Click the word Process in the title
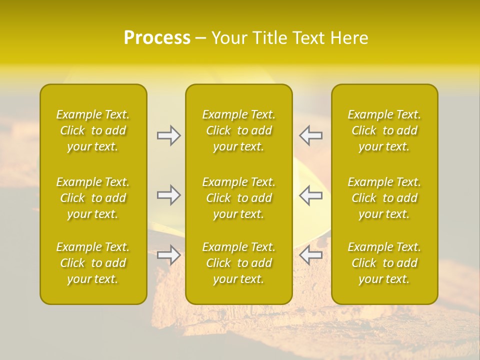pos(157,38)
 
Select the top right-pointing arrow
pos(168,135)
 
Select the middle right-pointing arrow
pos(168,195)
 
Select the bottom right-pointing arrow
pos(168,255)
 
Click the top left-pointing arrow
pos(311,135)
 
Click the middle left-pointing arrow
pos(311,195)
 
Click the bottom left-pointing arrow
pos(311,255)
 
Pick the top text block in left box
pos(93,130)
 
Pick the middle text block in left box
pos(93,198)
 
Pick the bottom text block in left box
pos(93,263)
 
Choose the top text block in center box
pos(238,130)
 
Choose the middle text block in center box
pos(238,198)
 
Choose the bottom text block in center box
pos(238,263)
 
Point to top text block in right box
pos(384,130)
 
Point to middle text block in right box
pos(384,198)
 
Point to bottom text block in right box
pos(384,263)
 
